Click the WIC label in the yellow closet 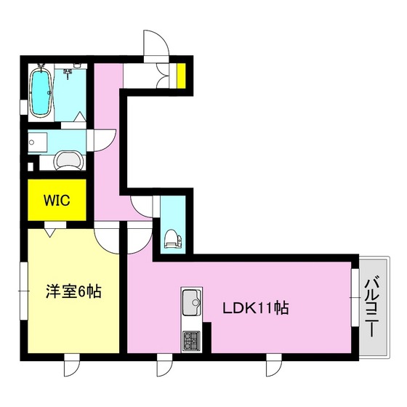pyautogui.click(x=55, y=201)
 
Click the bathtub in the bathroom pyautogui.click(x=41, y=92)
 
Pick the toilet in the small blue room pyautogui.click(x=172, y=238)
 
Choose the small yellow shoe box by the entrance pyautogui.click(x=181, y=75)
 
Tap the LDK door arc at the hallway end pyautogui.click(x=137, y=237)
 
